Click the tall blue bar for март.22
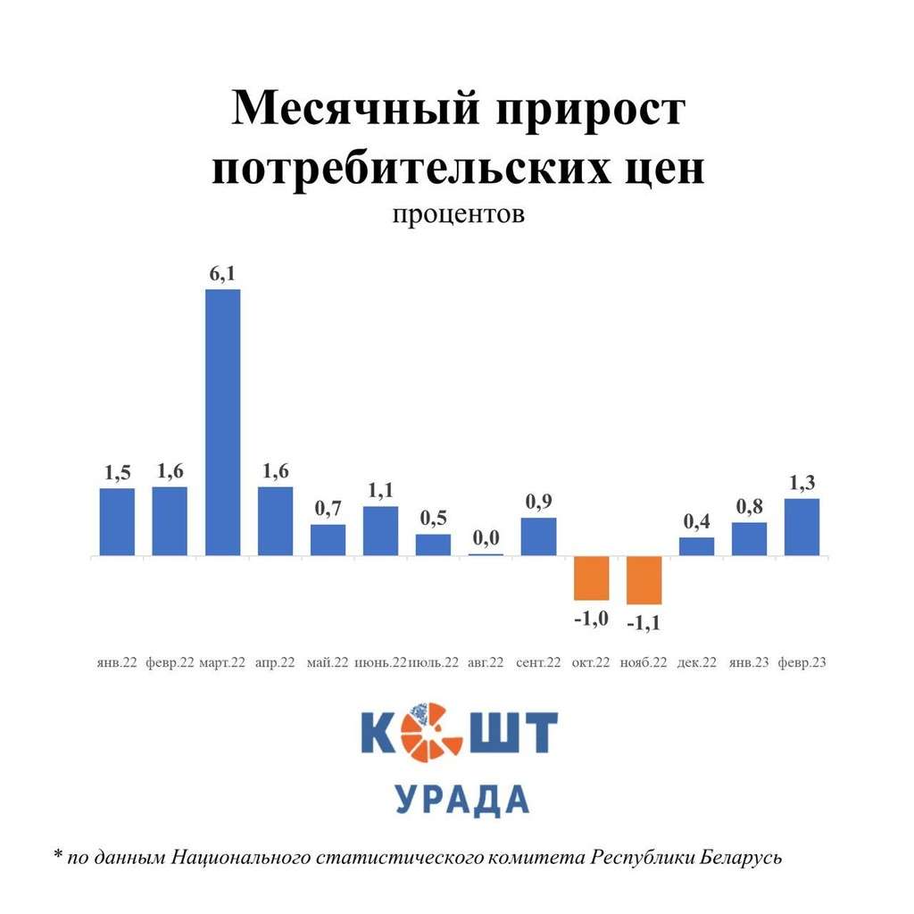pyautogui.click(x=222, y=422)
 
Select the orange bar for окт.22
pyautogui.click(x=591, y=578)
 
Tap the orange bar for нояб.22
pyautogui.click(x=644, y=580)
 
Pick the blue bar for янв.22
pyautogui.click(x=117, y=522)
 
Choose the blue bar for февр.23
pyautogui.click(x=802, y=528)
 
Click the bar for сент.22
pyautogui.click(x=538, y=536)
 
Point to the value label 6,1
pyautogui.click(x=223, y=275)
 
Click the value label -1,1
pyautogui.click(x=644, y=622)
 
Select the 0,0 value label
pyautogui.click(x=486, y=537)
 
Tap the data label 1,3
pyautogui.click(x=802, y=483)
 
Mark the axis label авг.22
pyautogui.click(x=486, y=663)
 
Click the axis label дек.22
pyautogui.click(x=697, y=663)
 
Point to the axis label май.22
pyautogui.click(x=328, y=663)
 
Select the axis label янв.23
pyautogui.click(x=748, y=663)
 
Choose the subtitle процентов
pyautogui.click(x=456, y=215)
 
